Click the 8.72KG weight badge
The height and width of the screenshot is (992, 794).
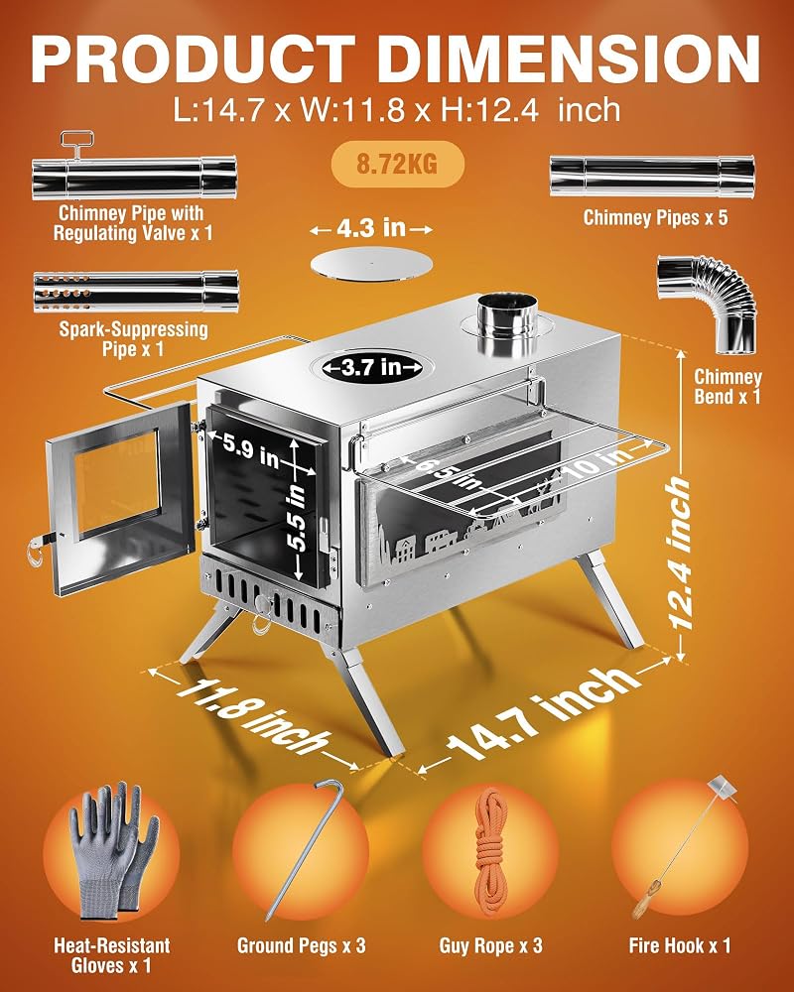click(x=398, y=164)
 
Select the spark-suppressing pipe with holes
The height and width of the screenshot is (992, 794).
click(x=136, y=292)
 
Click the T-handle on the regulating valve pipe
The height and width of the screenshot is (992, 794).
click(x=76, y=143)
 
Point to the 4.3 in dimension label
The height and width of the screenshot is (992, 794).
click(x=371, y=228)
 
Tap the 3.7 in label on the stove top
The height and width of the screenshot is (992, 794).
click(x=372, y=366)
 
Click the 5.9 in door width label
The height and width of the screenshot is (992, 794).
click(x=251, y=449)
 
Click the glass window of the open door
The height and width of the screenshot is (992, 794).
click(x=118, y=484)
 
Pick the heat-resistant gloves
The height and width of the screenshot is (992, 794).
click(x=113, y=850)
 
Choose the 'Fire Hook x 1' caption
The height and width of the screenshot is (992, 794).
click(x=680, y=945)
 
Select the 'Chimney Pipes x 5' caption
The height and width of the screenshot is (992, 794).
click(x=655, y=217)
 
